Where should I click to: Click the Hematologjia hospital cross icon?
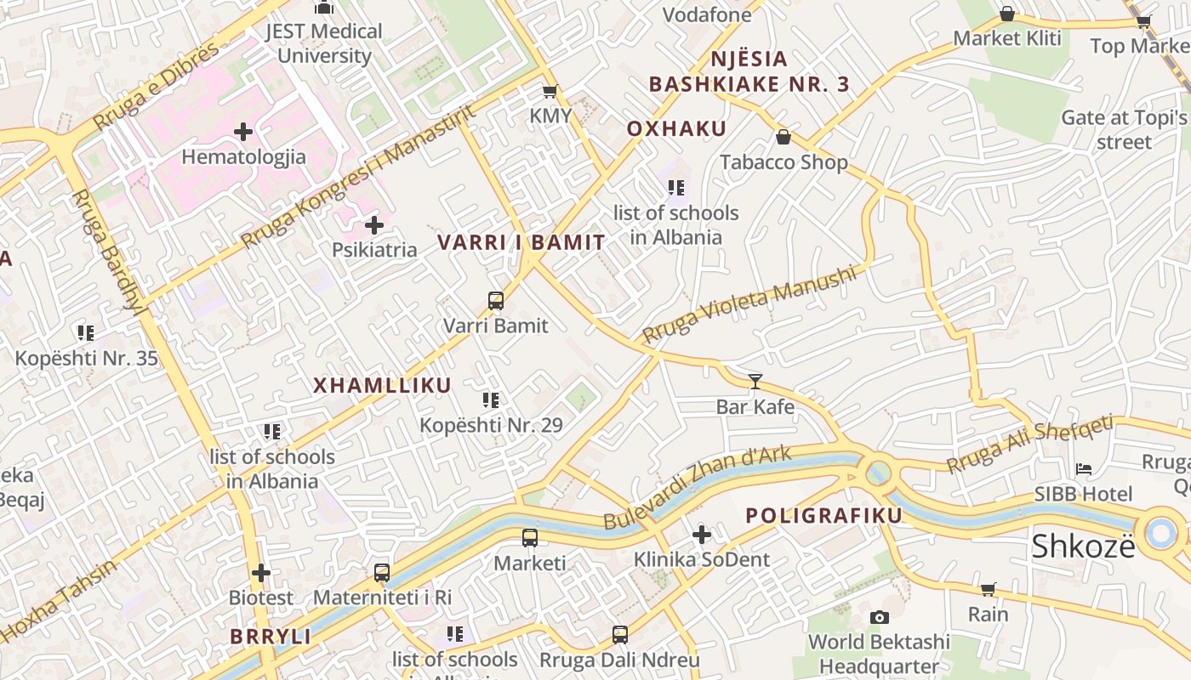pos(243,132)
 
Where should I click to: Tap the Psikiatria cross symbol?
pos(373,225)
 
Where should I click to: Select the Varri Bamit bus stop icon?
pos(496,300)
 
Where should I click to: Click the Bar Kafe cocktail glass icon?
pos(755,382)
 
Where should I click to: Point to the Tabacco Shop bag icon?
pos(784,137)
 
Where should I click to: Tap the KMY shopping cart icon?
pos(550,91)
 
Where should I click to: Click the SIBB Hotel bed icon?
pos(1083,468)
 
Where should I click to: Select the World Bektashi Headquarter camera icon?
pos(879,617)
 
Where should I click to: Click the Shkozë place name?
pos(1083,547)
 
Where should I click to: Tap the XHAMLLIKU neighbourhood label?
pos(382,386)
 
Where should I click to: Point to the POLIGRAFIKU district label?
pos(823,516)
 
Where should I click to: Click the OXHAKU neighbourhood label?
pos(676,129)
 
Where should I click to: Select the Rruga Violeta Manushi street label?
pos(749,304)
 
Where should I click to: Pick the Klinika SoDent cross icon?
pos(701,535)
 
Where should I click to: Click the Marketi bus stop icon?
pos(529,538)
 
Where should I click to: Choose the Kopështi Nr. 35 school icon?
pos(86,333)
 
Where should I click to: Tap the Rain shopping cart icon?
pos(988,589)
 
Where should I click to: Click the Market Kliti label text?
pos(1007,38)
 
